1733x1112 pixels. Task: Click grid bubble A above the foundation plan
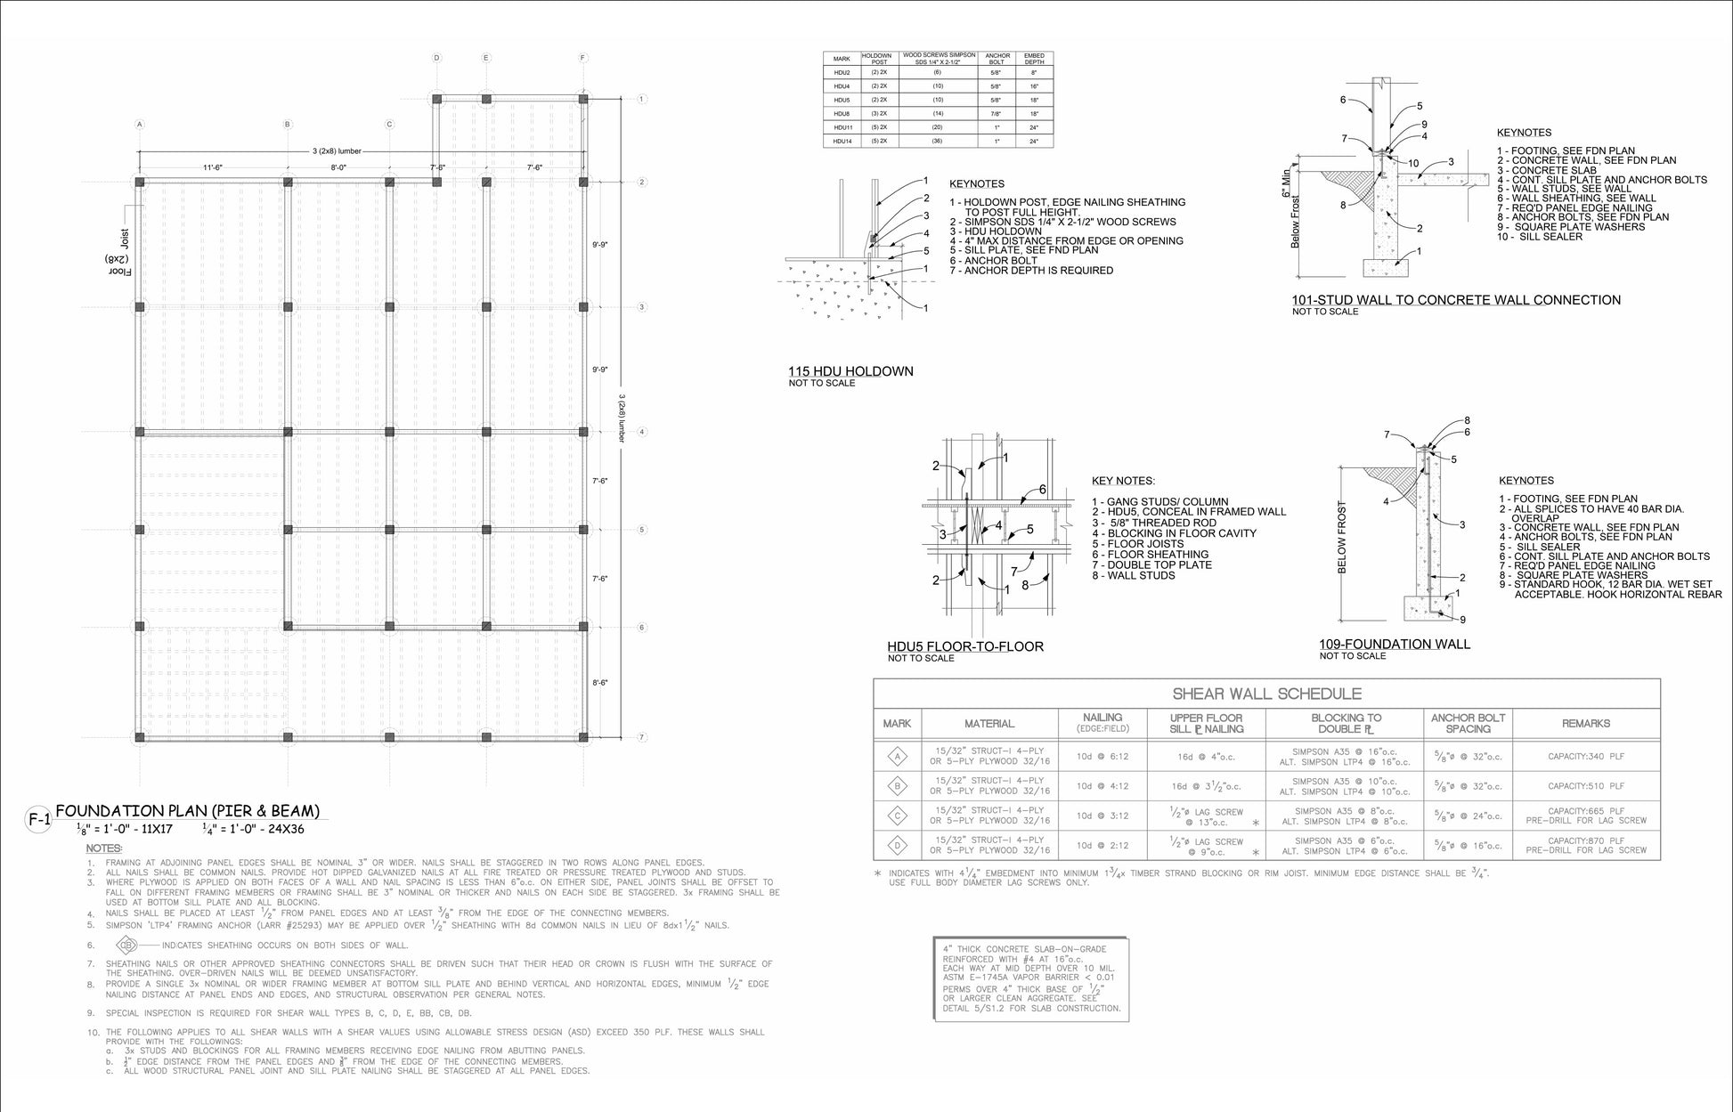click(140, 125)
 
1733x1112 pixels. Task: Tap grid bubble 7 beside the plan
click(642, 737)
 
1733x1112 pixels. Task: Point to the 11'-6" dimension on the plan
click(212, 167)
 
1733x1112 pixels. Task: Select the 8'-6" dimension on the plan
click(600, 683)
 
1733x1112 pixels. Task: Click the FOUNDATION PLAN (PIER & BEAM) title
click(187, 811)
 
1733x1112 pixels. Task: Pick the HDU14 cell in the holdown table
click(842, 141)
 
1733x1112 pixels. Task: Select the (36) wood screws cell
click(938, 141)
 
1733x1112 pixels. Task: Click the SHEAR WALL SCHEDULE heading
click(1266, 694)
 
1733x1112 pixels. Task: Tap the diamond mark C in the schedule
click(897, 816)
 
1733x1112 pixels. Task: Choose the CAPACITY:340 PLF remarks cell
click(1585, 757)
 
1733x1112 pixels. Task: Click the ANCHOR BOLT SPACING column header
click(1468, 723)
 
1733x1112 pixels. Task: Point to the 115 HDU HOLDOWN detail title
click(850, 371)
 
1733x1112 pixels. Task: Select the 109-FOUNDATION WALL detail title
click(1395, 644)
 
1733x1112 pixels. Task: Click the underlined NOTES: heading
click(104, 848)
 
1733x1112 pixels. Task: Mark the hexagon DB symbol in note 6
click(127, 945)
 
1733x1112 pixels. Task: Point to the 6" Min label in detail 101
click(1285, 183)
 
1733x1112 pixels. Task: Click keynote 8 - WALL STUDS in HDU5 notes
click(1134, 575)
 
